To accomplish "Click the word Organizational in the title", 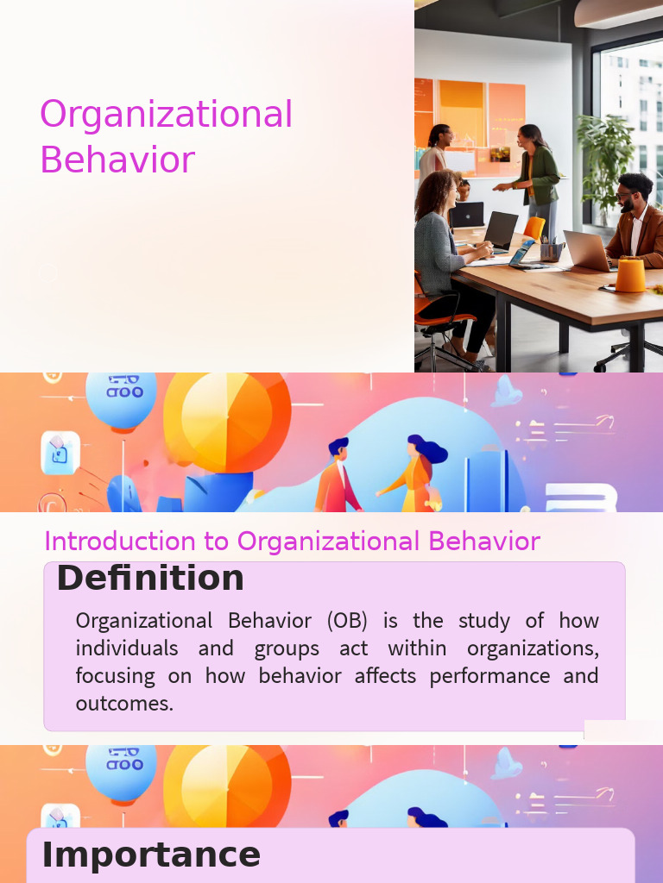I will click(166, 116).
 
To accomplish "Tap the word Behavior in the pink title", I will click(117, 160).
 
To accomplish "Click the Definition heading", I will click(150, 579).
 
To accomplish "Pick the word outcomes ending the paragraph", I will click(124, 704).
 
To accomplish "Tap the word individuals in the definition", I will click(127, 648).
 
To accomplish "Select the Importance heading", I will click(151, 855).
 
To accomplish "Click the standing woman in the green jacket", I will click(537, 172).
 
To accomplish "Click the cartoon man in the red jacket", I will click(338, 479).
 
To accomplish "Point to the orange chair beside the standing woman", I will click(535, 228).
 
